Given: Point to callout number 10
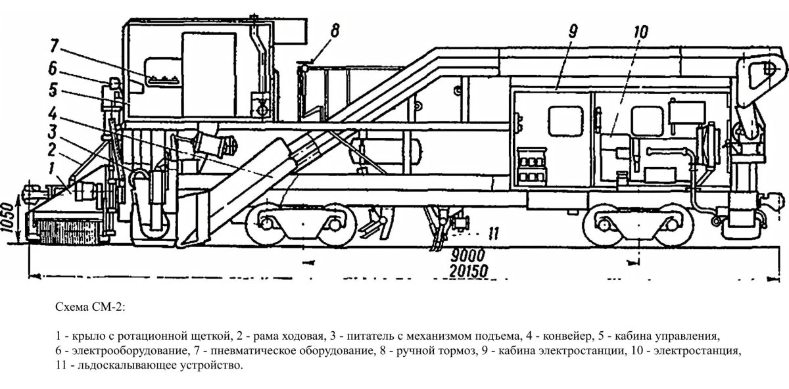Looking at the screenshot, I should point(641,32).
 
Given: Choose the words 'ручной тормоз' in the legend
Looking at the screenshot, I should point(438,348).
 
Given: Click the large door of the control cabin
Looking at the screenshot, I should point(208,74).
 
